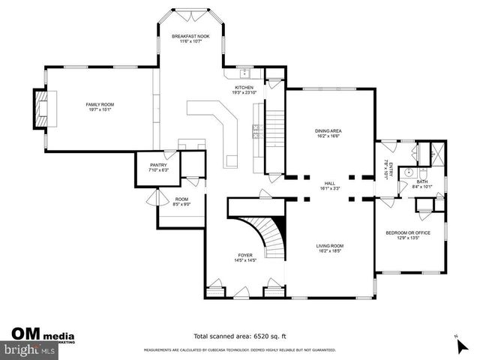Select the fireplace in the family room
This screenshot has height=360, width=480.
tap(39, 109)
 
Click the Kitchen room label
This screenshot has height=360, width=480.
tap(244, 88)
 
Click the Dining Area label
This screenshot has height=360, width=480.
tap(328, 130)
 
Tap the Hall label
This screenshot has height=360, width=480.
tap(328, 182)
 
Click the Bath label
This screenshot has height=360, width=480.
tap(422, 181)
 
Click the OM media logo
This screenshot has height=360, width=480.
tap(41, 334)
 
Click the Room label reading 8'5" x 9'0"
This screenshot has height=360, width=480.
tap(181, 202)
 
